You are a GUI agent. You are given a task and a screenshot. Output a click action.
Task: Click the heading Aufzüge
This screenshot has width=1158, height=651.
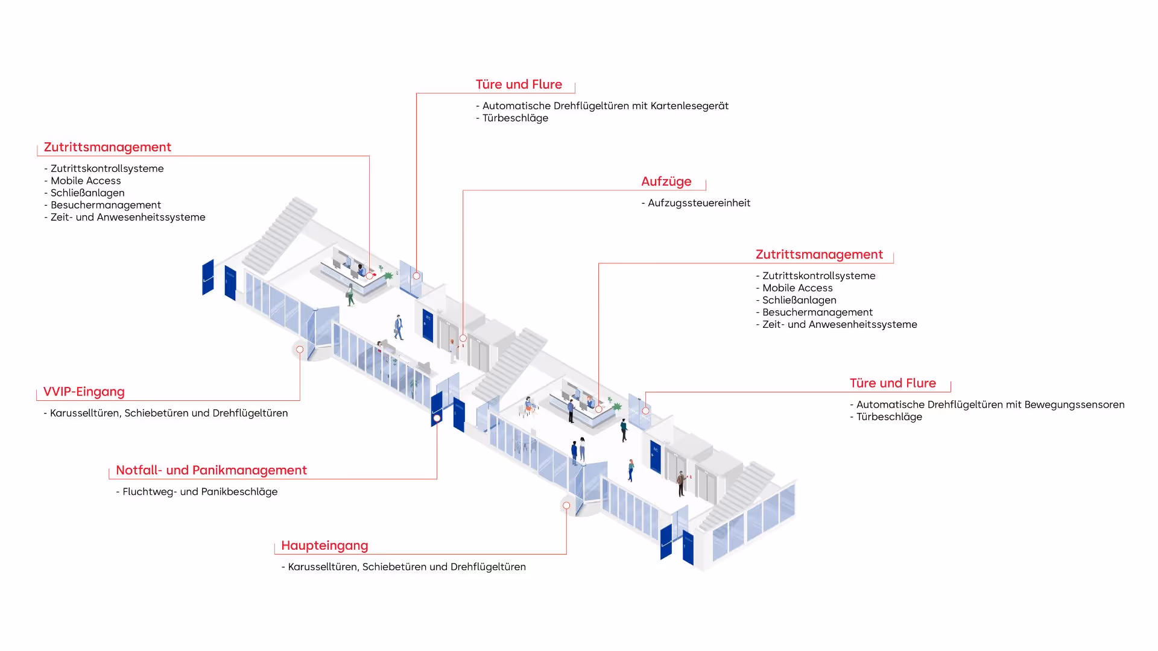click(x=666, y=181)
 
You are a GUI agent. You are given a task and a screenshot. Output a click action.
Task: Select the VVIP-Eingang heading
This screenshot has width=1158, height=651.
click(x=84, y=392)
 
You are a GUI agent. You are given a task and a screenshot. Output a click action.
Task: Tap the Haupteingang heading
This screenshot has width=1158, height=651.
click(x=324, y=546)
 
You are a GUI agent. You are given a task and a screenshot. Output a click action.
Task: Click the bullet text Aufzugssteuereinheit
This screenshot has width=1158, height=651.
click(x=699, y=203)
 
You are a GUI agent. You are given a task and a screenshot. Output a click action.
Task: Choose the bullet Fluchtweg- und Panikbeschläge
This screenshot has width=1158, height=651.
click(x=200, y=492)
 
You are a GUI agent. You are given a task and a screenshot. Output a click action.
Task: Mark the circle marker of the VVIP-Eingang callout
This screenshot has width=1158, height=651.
click(x=300, y=350)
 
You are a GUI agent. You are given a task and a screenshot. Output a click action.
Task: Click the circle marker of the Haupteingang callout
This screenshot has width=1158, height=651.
click(x=566, y=506)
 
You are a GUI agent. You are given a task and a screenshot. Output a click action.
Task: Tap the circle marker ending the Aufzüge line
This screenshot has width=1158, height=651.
click(x=463, y=338)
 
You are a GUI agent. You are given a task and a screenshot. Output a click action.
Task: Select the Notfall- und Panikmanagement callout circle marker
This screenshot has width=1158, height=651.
click(x=437, y=418)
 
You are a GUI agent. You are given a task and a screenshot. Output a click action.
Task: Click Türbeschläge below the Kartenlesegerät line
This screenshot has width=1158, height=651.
click(x=515, y=118)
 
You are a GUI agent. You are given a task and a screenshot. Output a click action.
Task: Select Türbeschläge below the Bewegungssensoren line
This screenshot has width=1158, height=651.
click(x=889, y=417)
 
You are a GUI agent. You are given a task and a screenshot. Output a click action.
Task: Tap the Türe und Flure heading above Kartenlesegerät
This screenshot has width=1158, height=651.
click(x=519, y=84)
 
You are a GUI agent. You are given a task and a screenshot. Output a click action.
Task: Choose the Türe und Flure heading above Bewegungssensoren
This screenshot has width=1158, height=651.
click(x=893, y=383)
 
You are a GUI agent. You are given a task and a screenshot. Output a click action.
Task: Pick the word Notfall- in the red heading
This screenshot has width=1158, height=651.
click(x=138, y=470)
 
